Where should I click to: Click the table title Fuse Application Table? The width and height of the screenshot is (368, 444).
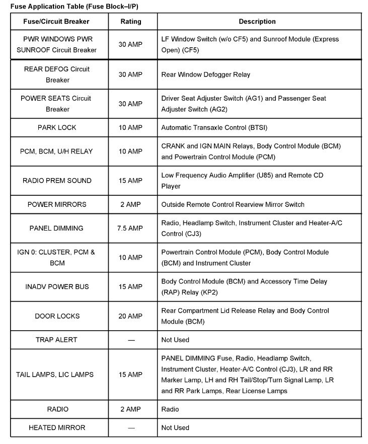coord(74,6)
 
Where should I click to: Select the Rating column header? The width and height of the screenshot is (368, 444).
coord(131,22)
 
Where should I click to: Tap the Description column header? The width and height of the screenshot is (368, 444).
coord(257,22)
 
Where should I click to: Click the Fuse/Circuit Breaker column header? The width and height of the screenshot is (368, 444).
coord(56,22)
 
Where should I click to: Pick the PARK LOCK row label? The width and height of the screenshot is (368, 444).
coord(56,127)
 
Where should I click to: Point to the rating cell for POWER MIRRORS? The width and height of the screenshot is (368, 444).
coord(131,204)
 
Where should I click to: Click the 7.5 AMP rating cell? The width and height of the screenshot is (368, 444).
coord(131,228)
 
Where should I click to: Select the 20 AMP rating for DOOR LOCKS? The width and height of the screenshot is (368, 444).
coord(131,316)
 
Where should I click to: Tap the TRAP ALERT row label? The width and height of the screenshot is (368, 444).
coord(56,340)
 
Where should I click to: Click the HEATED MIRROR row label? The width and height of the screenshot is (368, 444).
coord(57,427)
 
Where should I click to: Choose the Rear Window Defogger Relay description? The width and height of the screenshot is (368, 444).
coord(205,75)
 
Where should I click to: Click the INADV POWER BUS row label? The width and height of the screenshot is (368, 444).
coord(57,286)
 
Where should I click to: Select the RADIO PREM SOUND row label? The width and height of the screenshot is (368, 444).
coord(56,181)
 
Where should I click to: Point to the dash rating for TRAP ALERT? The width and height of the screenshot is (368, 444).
coord(131,340)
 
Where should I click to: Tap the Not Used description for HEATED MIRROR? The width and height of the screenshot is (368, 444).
coord(175,427)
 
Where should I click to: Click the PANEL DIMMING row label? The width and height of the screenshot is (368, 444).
coord(56,228)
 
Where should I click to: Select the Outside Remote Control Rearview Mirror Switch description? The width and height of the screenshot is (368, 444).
coord(233,204)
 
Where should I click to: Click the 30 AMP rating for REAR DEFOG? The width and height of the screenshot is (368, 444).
coord(131,75)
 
